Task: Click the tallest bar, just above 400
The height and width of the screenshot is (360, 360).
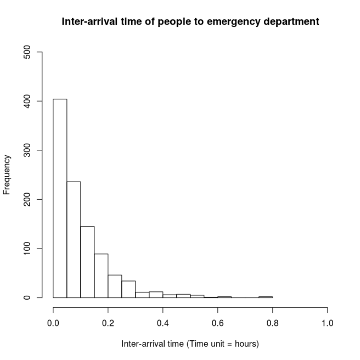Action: pyautogui.click(x=60, y=198)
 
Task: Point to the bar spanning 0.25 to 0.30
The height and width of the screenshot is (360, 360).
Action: pyautogui.click(x=128, y=289)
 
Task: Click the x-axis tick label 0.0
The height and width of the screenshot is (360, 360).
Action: pyautogui.click(x=53, y=323)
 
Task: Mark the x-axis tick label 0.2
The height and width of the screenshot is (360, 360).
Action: pyautogui.click(x=108, y=323)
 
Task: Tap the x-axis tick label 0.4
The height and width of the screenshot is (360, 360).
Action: pyautogui.click(x=163, y=323)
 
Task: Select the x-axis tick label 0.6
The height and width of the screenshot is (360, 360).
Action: pyautogui.click(x=218, y=323)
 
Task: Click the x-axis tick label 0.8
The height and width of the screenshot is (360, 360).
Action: pyautogui.click(x=273, y=323)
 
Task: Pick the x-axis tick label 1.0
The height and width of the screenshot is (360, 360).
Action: pyautogui.click(x=328, y=323)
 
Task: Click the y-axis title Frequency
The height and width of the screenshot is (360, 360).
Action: pyautogui.click(x=7, y=175)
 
